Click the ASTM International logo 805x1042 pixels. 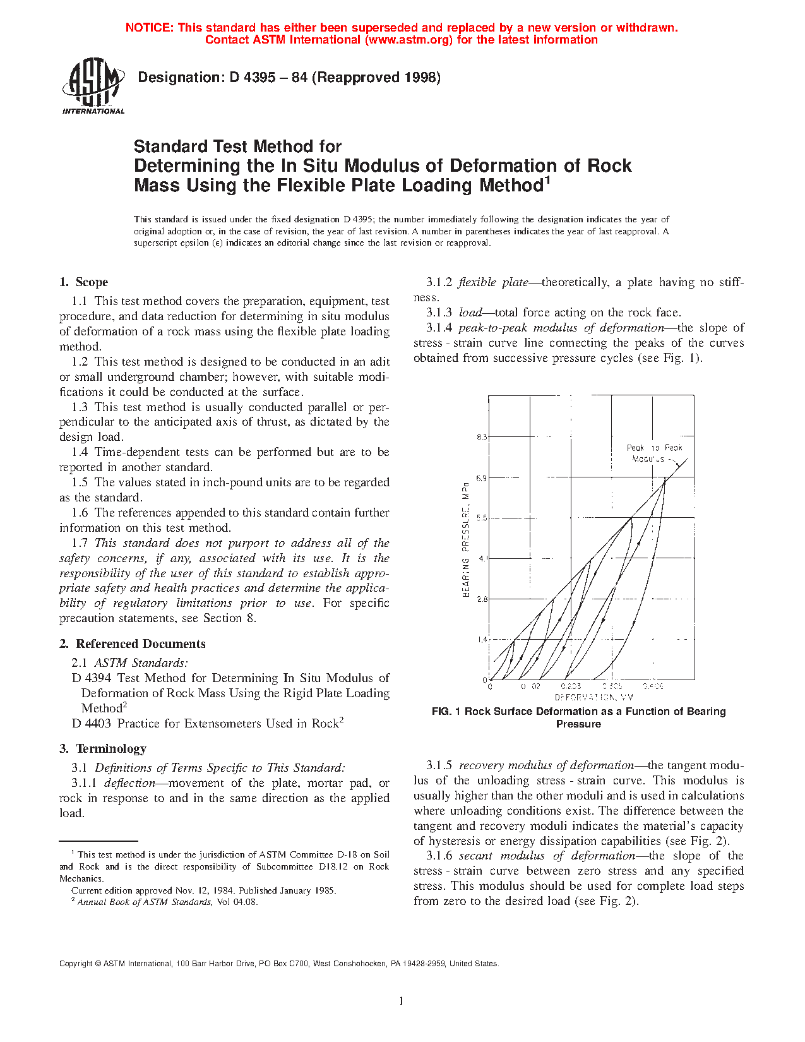(x=93, y=85)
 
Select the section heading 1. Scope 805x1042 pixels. (x=83, y=282)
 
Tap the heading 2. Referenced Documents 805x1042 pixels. (x=133, y=644)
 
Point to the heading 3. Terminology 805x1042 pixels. (x=103, y=749)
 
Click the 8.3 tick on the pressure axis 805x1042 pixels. (x=482, y=437)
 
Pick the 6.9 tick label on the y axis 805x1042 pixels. (x=482, y=478)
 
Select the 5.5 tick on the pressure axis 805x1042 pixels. (x=482, y=518)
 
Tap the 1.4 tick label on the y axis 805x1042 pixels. (x=482, y=639)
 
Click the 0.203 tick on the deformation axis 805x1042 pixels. (x=571, y=686)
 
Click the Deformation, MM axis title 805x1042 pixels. (x=593, y=697)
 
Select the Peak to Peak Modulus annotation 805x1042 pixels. (x=653, y=453)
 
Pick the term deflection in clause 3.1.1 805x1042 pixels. (x=129, y=783)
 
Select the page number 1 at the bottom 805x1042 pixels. (x=402, y=1000)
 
